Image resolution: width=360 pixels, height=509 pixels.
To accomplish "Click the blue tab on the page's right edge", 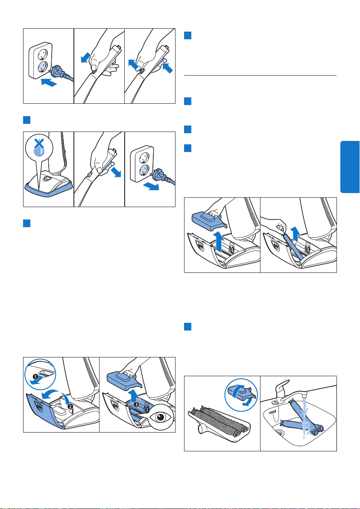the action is click(350, 167).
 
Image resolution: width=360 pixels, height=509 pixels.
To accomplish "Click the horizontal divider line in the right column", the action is click(260, 75).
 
